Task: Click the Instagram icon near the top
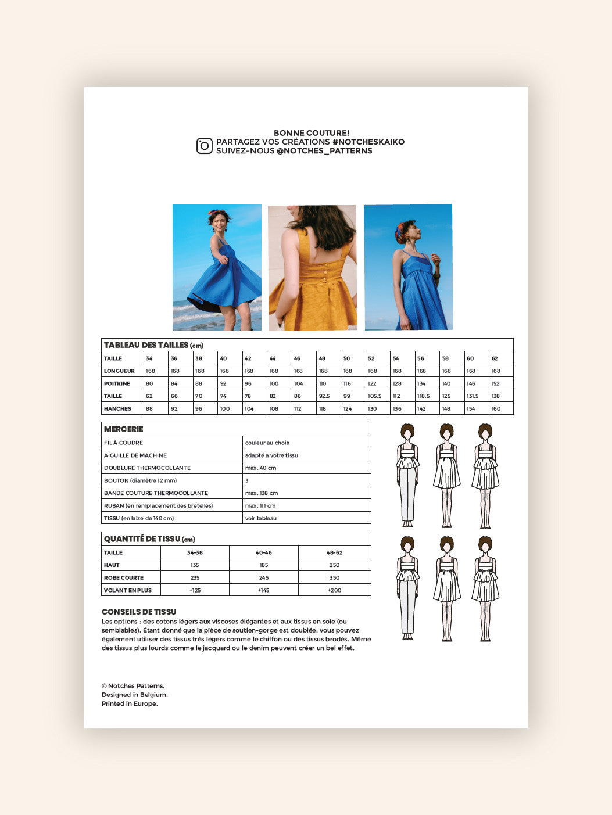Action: [x=205, y=146]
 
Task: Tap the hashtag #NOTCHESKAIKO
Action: [x=368, y=142]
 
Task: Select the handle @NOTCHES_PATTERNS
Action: [x=324, y=151]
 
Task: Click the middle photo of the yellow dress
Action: [x=312, y=267]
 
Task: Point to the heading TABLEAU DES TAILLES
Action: [x=146, y=345]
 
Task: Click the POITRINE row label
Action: [x=117, y=383]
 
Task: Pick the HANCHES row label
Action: [x=117, y=409]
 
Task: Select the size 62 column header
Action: [x=495, y=358]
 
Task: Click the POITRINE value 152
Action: [x=496, y=383]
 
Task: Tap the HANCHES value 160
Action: [x=496, y=409]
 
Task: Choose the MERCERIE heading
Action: [x=123, y=429]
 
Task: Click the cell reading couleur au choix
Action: [x=267, y=443]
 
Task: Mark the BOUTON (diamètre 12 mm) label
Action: [x=140, y=480]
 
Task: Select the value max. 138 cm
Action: [x=262, y=493]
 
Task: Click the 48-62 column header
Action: [x=334, y=552]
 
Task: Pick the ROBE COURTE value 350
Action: [x=334, y=578]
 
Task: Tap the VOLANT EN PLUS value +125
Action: [x=195, y=590]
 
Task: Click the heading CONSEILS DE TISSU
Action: [x=139, y=612]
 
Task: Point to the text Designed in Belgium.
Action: [x=135, y=695]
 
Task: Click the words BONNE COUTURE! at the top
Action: [x=312, y=133]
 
